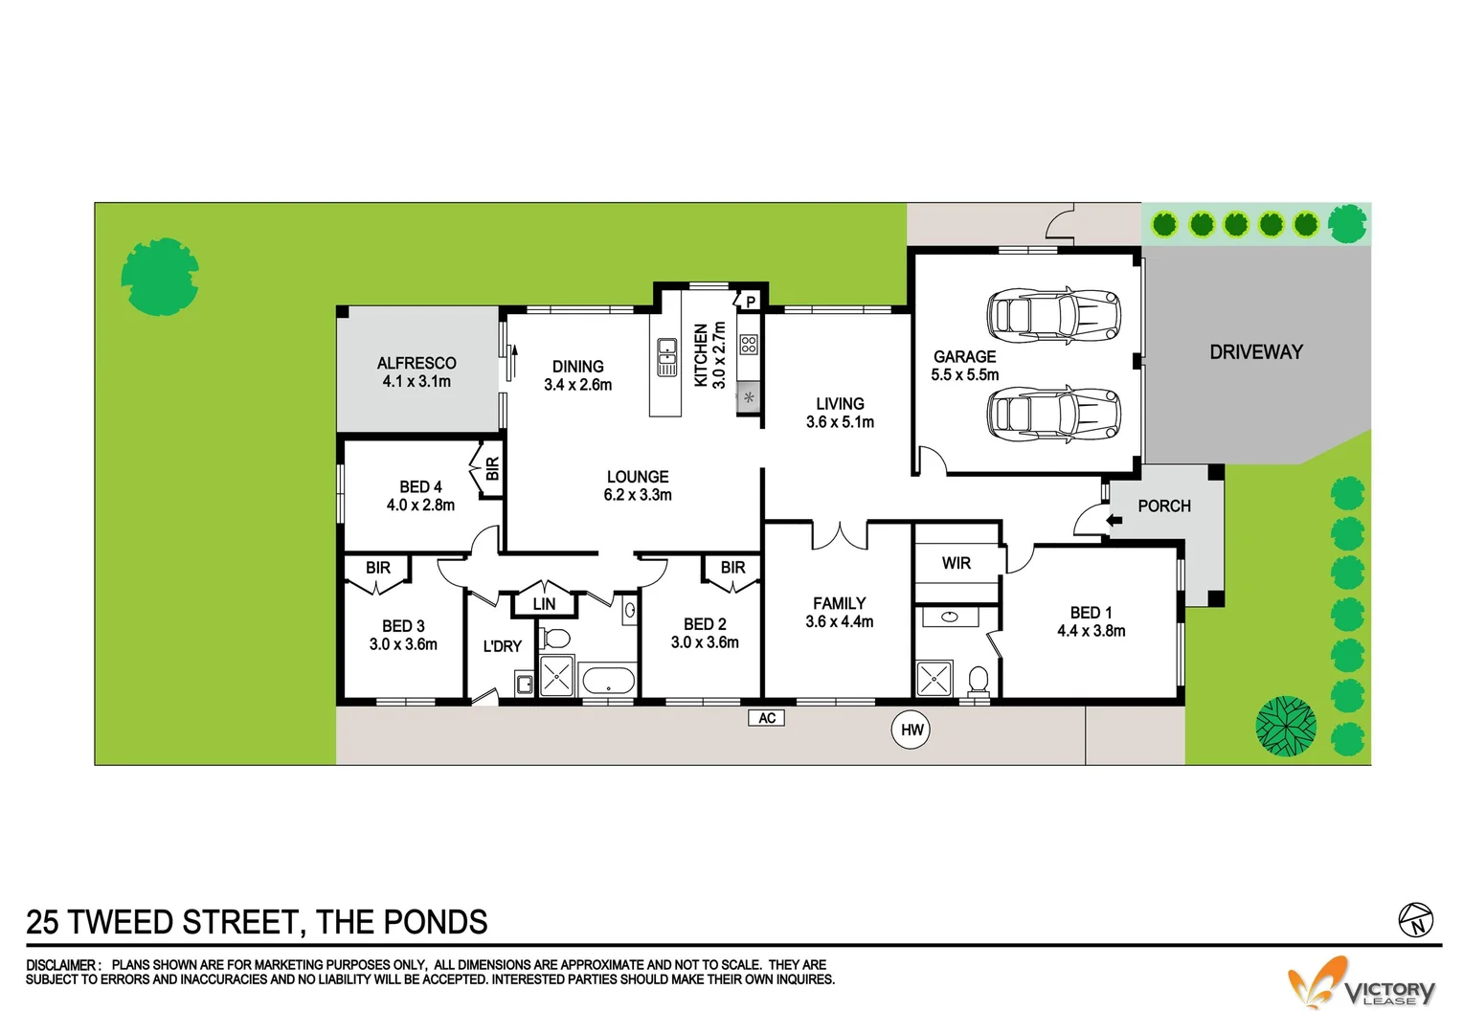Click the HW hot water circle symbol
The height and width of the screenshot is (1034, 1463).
click(911, 731)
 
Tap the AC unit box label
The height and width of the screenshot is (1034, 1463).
click(766, 718)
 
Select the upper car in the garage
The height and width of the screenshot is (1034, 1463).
click(1053, 314)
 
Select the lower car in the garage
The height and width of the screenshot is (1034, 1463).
click(1053, 414)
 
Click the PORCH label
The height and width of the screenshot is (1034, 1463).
click(1164, 506)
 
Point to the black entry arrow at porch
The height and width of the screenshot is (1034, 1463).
click(1114, 521)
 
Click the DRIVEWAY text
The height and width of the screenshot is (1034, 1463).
click(1255, 352)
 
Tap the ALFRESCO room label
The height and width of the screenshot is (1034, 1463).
click(416, 364)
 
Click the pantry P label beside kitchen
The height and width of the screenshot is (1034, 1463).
click(751, 302)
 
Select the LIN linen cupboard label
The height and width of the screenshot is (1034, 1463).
click(544, 604)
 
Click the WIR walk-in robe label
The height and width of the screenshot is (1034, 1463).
click(956, 563)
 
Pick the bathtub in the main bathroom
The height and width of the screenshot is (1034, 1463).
click(608, 682)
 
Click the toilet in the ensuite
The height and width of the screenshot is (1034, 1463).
click(978, 680)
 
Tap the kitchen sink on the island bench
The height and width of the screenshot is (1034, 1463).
click(667, 357)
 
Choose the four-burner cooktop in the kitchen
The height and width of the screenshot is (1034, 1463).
click(749, 345)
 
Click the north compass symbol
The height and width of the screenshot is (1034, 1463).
click(1415, 921)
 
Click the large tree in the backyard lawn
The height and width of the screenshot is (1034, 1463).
click(160, 277)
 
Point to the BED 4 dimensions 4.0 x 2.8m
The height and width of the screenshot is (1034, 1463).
click(420, 506)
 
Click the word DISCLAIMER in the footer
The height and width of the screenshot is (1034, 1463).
click(61, 965)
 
